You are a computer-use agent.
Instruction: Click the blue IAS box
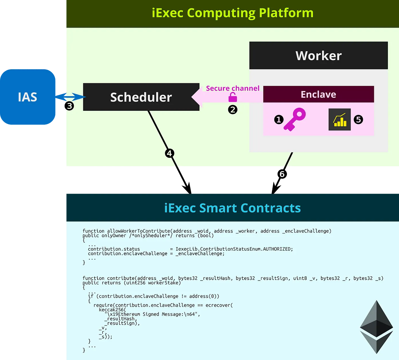click(28, 97)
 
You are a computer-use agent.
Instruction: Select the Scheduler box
click(141, 97)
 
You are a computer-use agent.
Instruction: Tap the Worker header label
click(318, 56)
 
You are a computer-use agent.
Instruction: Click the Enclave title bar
click(318, 94)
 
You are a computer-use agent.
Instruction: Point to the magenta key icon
click(295, 119)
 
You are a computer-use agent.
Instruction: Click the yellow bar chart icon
click(339, 120)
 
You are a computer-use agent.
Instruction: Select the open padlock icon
click(233, 98)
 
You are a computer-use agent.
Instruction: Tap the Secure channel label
click(233, 88)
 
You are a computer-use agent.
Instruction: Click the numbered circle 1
click(279, 120)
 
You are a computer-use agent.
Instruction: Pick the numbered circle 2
click(233, 110)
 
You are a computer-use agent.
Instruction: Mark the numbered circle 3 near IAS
click(69, 106)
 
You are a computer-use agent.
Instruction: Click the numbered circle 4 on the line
click(170, 153)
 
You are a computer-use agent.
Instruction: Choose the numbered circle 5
click(358, 120)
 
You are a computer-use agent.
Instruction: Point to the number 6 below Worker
click(282, 174)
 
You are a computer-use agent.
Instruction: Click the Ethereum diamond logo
click(376, 327)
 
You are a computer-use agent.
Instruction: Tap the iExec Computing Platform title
click(233, 13)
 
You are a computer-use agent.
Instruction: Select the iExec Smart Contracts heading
click(233, 208)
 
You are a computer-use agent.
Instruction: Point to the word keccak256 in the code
click(112, 310)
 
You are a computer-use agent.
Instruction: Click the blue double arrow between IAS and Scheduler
click(71, 97)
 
